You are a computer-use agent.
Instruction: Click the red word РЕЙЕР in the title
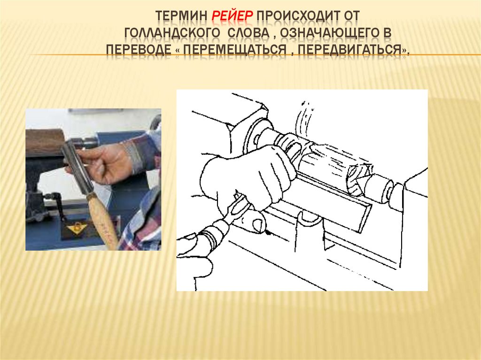(232, 15)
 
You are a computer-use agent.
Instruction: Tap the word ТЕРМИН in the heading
(181, 16)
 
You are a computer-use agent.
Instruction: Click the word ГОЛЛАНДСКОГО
(172, 33)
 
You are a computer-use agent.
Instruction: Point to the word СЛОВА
(248, 33)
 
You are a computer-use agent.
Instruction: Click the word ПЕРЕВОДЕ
(139, 50)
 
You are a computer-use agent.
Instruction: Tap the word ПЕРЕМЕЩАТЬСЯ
(235, 50)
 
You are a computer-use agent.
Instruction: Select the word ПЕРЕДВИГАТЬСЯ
(349, 50)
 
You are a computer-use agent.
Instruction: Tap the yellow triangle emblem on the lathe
(76, 228)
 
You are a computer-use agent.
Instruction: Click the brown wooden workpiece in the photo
(45, 143)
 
